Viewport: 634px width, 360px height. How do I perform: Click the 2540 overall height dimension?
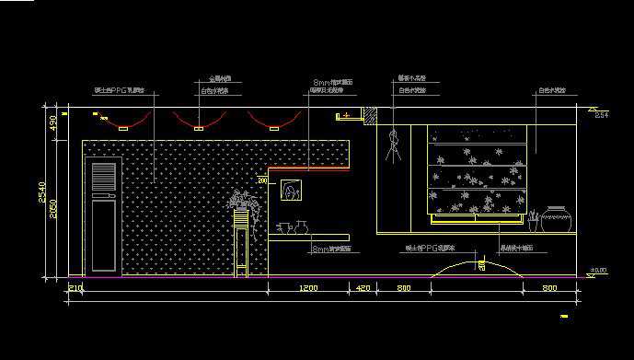point(41,192)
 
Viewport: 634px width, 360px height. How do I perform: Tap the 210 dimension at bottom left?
point(75,289)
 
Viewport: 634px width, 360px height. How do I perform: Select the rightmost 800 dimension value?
point(549,289)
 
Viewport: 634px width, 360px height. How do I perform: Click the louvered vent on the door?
point(104,179)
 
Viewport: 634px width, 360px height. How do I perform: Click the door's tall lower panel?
point(104,237)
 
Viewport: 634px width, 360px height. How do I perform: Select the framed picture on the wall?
point(293,191)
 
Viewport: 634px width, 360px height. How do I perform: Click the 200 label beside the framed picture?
point(263,182)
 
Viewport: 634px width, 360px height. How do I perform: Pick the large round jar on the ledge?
point(556,220)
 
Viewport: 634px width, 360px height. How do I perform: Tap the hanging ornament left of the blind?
point(395,146)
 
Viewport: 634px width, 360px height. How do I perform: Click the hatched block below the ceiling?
point(370,117)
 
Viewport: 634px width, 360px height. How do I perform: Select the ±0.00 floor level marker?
point(598,271)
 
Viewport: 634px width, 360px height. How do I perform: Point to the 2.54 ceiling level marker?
point(600,116)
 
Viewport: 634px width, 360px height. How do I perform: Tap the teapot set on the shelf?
point(289,226)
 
